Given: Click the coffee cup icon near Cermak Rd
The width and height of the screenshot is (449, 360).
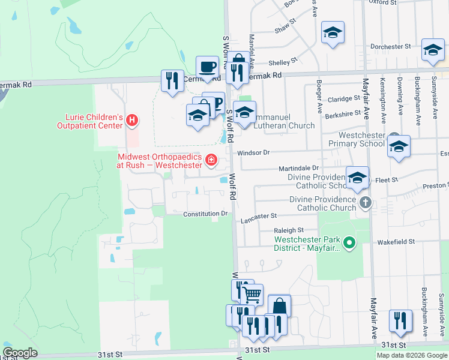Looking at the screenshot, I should point(208,67).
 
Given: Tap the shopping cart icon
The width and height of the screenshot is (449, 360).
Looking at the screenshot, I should point(252,294).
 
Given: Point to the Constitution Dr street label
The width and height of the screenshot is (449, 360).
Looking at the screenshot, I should point(205,214).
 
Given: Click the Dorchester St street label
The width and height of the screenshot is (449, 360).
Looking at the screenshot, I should point(390,46).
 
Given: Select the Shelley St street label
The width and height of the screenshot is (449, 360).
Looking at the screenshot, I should point(283,61).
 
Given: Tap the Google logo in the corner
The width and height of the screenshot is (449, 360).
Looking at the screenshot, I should point(20,353).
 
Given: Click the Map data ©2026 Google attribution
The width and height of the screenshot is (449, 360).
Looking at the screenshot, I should point(412,355).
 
